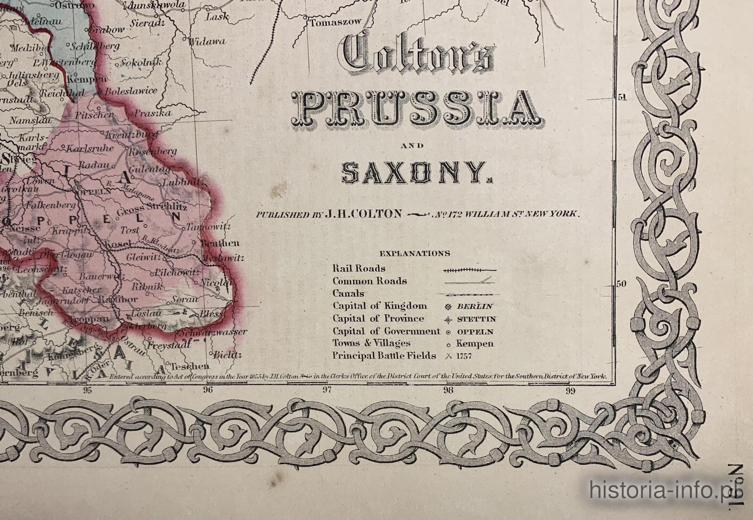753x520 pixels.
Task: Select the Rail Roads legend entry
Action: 359,269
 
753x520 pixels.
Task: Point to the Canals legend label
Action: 348,294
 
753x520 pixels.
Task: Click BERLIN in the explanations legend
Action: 475,307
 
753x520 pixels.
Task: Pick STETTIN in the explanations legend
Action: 477,319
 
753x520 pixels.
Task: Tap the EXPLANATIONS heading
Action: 415,254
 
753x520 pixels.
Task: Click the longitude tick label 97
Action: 327,390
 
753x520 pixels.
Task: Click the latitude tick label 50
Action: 621,284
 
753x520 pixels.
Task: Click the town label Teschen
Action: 190,367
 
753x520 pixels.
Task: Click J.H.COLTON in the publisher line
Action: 363,214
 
